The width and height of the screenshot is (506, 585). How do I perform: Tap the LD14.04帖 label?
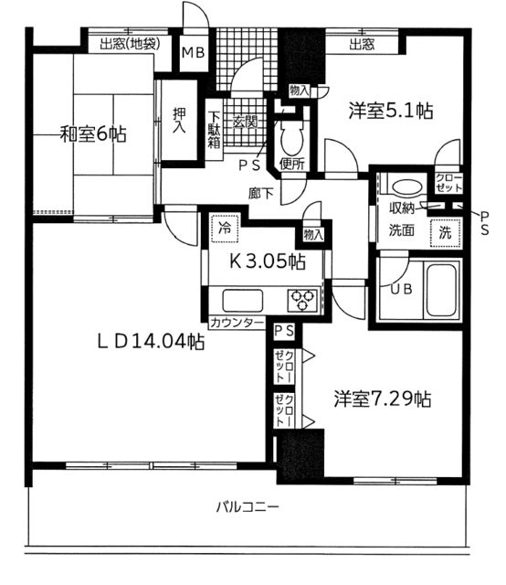click(151, 342)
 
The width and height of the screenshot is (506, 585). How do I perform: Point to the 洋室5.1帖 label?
click(391, 112)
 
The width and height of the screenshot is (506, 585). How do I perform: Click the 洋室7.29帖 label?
click(382, 399)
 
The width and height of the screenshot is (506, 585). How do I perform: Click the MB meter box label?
click(192, 53)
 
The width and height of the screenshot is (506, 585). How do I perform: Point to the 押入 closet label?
click(180, 122)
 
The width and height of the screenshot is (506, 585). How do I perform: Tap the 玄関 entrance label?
click(244, 122)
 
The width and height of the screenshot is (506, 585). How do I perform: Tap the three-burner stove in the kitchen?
click(301, 297)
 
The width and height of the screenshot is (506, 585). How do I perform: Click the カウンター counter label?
click(237, 324)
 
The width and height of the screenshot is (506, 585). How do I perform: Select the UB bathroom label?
click(401, 290)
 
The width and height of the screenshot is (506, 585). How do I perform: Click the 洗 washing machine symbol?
click(445, 232)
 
